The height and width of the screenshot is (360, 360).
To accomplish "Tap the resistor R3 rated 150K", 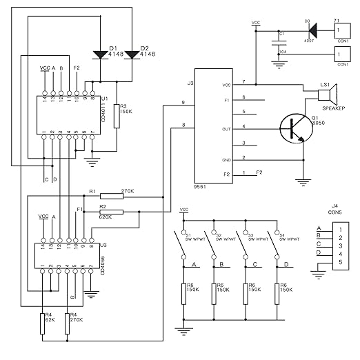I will (x=117, y=117).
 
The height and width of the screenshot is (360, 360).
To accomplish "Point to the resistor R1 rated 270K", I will (x=112, y=195).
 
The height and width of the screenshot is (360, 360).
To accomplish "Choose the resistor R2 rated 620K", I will (x=112, y=212).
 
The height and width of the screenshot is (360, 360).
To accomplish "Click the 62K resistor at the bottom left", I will (x=43, y=323).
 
